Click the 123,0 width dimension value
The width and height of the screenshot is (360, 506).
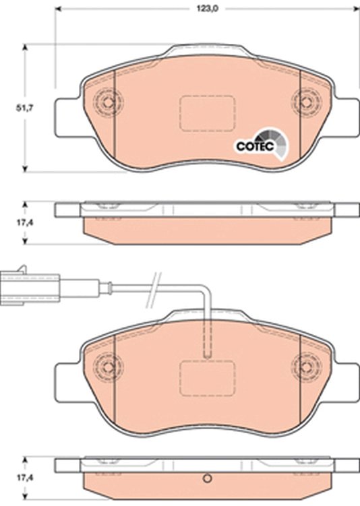pos(208,9)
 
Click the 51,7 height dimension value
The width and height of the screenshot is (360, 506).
pos(25,108)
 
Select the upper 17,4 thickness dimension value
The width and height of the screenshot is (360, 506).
pos(25,222)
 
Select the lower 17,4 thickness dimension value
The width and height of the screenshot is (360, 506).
pos(25,477)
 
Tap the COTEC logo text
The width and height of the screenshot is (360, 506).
pos(255,146)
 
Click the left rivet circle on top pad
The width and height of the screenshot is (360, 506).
pos(108,102)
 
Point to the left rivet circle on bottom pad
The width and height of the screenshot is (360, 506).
pos(108,367)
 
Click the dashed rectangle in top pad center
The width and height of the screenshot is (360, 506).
pos(207,113)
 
